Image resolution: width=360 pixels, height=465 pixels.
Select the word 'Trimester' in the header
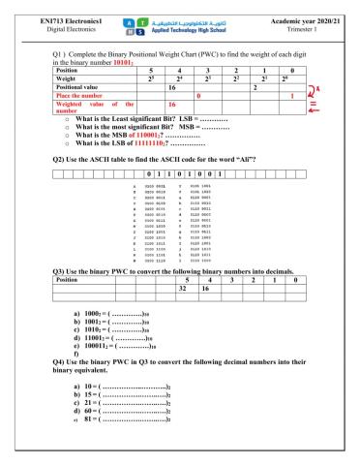coord(296,21)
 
